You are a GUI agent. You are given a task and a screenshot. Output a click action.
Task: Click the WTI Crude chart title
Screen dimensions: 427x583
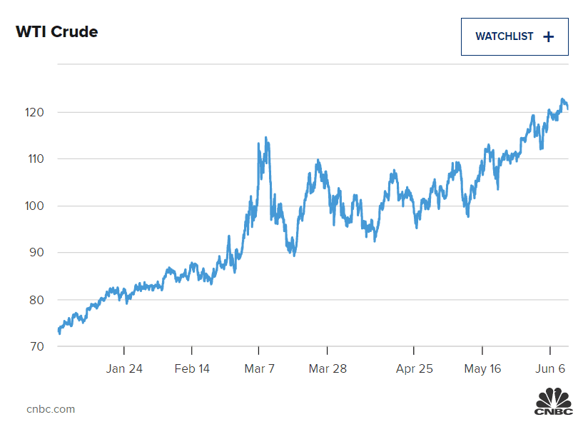[56, 32]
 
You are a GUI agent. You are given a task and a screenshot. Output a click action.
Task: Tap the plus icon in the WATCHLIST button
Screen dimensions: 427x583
[548, 37]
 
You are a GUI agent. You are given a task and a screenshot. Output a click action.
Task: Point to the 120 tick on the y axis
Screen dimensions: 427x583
[35, 113]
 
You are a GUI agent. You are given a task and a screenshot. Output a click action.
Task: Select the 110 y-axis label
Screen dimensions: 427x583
[35, 159]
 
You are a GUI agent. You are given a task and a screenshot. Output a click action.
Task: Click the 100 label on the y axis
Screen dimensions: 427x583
[35, 206]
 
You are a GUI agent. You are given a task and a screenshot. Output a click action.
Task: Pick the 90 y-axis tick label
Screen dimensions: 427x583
[36, 253]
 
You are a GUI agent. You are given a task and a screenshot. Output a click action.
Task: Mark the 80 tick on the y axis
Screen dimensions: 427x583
[36, 300]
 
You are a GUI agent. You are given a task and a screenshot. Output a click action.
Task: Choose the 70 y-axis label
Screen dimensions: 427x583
[36, 347]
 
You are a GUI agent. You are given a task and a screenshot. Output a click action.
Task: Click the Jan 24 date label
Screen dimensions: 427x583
[124, 368]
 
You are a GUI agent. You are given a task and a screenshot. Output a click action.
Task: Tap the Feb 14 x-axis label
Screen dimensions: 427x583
[192, 368]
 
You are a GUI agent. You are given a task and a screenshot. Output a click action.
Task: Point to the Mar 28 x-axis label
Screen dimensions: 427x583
[328, 368]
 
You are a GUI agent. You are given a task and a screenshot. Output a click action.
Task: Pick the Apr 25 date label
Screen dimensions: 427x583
[414, 368]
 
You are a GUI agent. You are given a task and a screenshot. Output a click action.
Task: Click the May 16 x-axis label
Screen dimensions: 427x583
[482, 368]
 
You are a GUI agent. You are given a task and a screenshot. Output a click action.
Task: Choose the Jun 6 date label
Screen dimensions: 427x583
[550, 368]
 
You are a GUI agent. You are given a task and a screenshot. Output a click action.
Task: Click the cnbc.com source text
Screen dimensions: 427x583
[51, 409]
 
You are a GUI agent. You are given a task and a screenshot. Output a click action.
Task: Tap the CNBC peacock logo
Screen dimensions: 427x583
[554, 401]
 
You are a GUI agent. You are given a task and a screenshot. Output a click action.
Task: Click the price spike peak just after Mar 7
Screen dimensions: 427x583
[266, 138]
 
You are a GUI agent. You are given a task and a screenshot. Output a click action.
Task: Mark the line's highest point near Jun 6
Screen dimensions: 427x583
[562, 99]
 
